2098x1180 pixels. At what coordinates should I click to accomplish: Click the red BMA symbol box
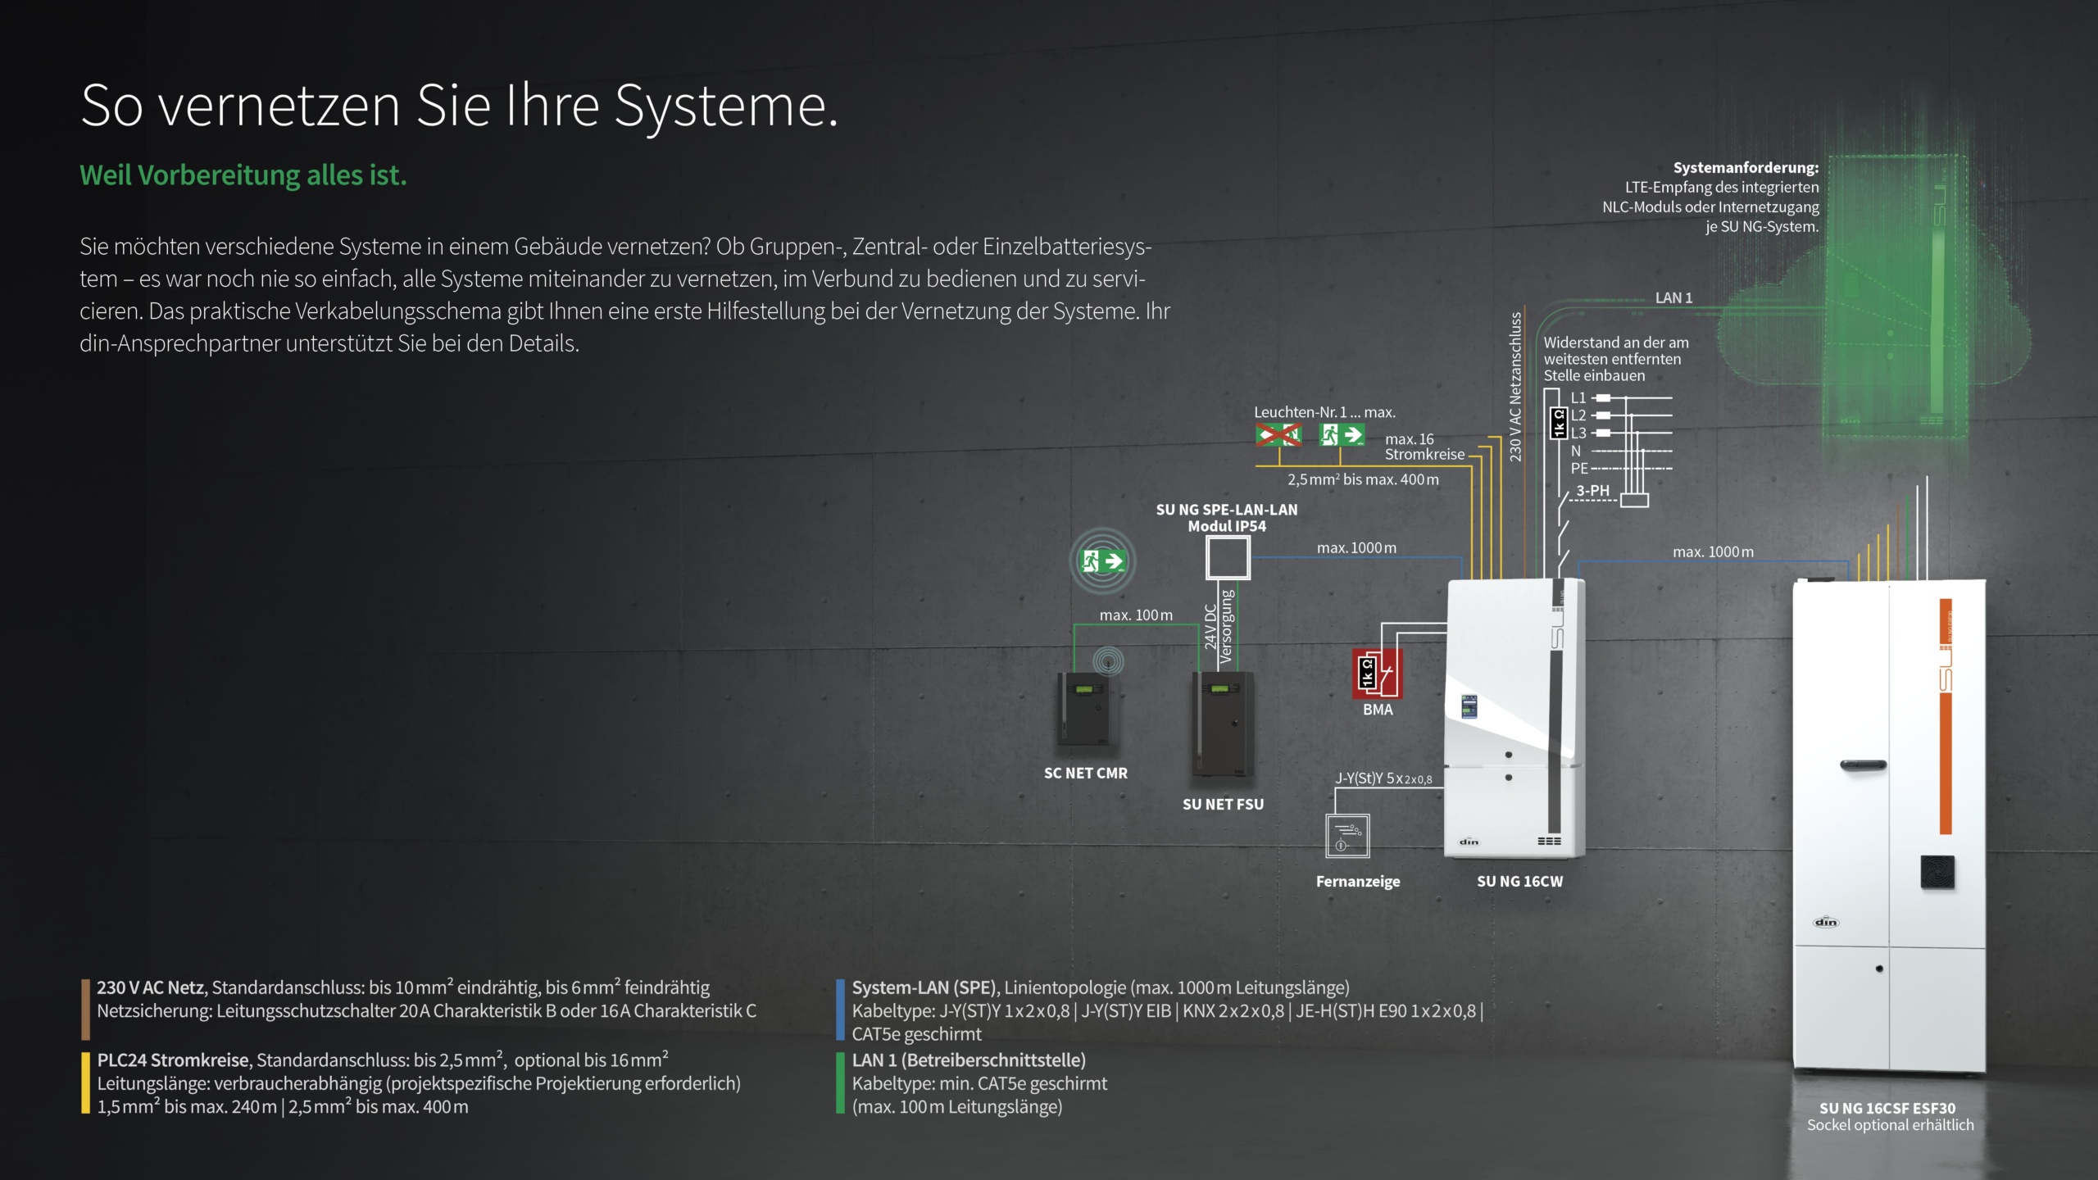point(1377,673)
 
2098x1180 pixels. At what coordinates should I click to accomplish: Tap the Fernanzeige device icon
point(1347,836)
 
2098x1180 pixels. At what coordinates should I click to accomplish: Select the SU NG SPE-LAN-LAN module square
point(1228,558)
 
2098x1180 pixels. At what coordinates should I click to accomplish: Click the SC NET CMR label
point(1085,773)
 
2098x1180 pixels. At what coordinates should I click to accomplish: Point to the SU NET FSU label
point(1223,804)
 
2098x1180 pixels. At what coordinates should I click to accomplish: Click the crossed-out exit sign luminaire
point(1278,434)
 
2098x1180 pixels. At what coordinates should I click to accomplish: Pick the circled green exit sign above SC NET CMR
point(1102,561)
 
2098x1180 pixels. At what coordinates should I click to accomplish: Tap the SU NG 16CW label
point(1519,881)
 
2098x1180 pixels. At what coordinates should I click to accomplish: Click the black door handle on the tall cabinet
point(1863,765)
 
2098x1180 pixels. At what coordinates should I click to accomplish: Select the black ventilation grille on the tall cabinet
point(1937,872)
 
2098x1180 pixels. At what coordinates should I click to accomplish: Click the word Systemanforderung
point(1746,168)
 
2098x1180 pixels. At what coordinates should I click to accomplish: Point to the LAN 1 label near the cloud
point(1673,297)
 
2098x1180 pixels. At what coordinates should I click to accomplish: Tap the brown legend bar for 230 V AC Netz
point(85,1009)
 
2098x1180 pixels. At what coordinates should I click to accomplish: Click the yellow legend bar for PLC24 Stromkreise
point(85,1082)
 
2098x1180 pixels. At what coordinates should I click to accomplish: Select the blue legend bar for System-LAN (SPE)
point(840,1009)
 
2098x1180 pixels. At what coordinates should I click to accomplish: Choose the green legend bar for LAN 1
point(840,1082)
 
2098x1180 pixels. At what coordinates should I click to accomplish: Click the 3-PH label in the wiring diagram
point(1592,490)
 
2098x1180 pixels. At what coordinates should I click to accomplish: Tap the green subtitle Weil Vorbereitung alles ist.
point(243,175)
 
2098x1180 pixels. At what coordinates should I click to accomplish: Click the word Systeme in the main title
point(725,107)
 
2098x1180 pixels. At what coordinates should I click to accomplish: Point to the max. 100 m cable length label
point(1136,615)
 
